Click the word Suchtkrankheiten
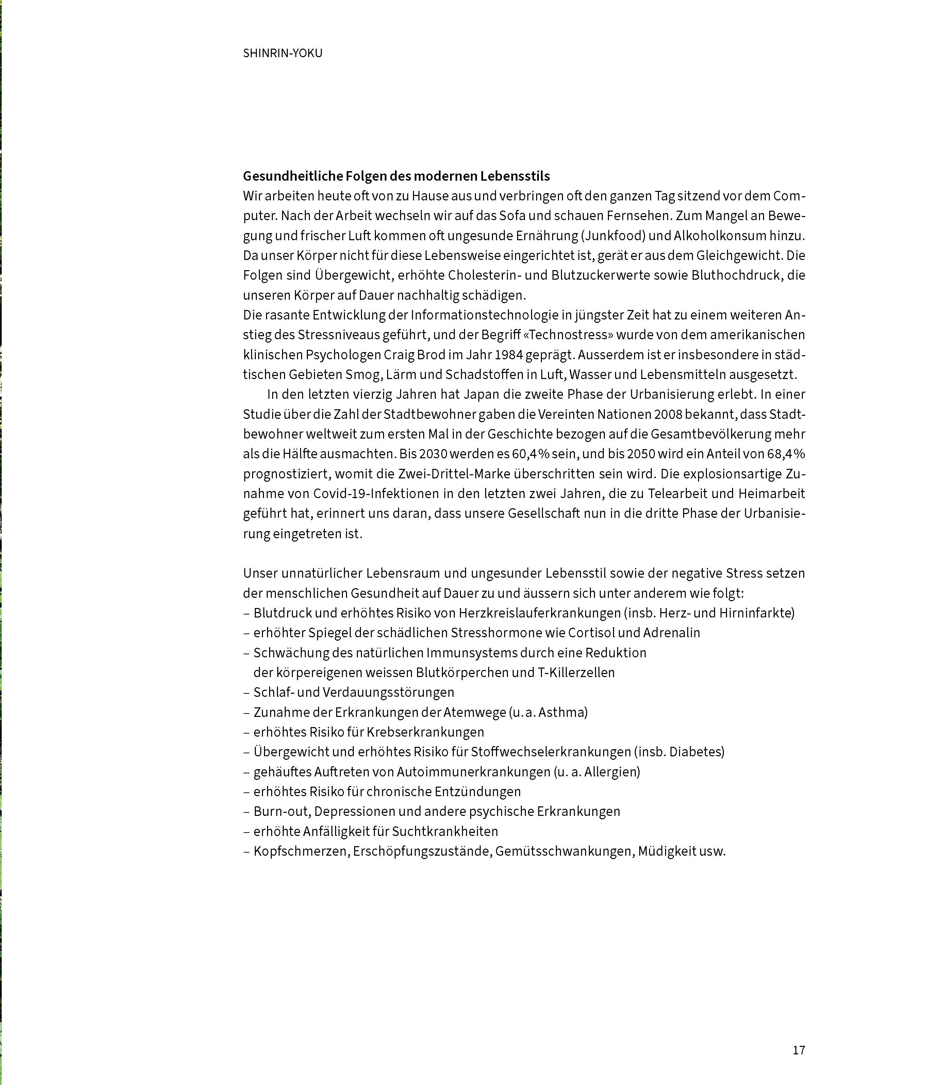click(x=445, y=831)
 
